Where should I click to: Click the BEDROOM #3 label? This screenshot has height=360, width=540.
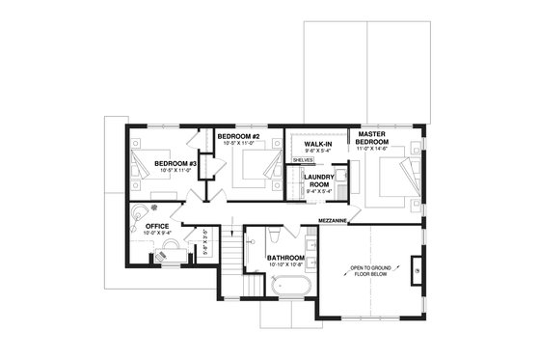tap(175, 163)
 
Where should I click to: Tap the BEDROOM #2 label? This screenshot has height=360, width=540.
tap(239, 137)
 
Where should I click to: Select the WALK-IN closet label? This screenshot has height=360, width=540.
tap(317, 144)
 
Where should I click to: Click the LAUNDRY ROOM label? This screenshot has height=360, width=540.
tap(318, 180)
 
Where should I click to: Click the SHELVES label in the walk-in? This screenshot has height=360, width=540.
tap(304, 160)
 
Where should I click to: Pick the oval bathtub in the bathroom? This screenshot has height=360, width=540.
tap(286, 286)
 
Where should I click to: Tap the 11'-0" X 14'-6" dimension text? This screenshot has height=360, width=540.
tap(372, 150)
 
